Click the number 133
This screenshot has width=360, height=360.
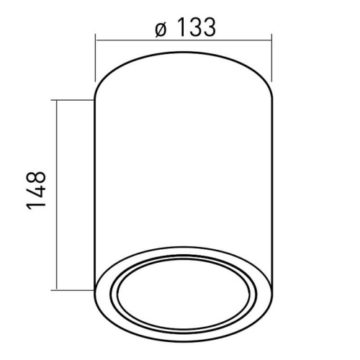click(195, 28)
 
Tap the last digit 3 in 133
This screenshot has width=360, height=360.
click(208, 28)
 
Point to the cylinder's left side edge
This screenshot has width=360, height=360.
click(96, 187)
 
